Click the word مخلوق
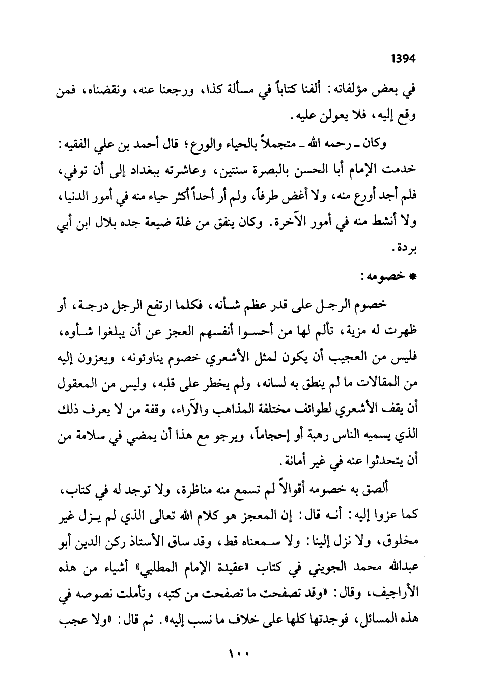tap(400, 540)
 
